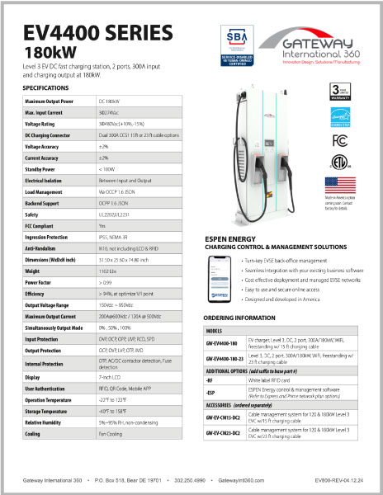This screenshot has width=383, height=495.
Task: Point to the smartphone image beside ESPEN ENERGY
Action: click(x=218, y=277)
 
